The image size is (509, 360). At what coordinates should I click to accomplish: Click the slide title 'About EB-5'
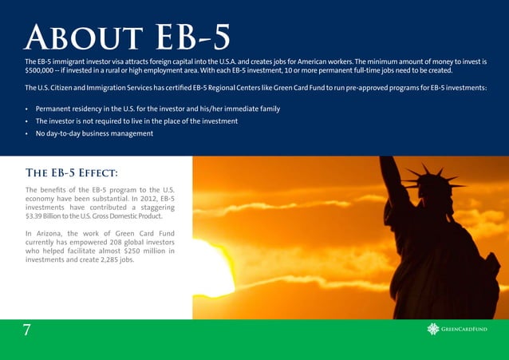coord(128,36)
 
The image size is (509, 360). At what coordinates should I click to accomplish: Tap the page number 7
coord(27,330)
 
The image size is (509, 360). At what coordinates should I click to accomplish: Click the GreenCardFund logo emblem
coord(433,329)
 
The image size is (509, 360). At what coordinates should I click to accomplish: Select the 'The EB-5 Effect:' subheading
coord(72,172)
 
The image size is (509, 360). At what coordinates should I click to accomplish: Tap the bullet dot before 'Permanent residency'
coord(27,109)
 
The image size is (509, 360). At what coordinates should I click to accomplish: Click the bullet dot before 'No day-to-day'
coord(27,134)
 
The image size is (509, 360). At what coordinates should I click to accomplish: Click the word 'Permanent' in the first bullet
coord(55,109)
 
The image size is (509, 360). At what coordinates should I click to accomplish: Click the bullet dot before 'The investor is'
coord(27,121)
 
